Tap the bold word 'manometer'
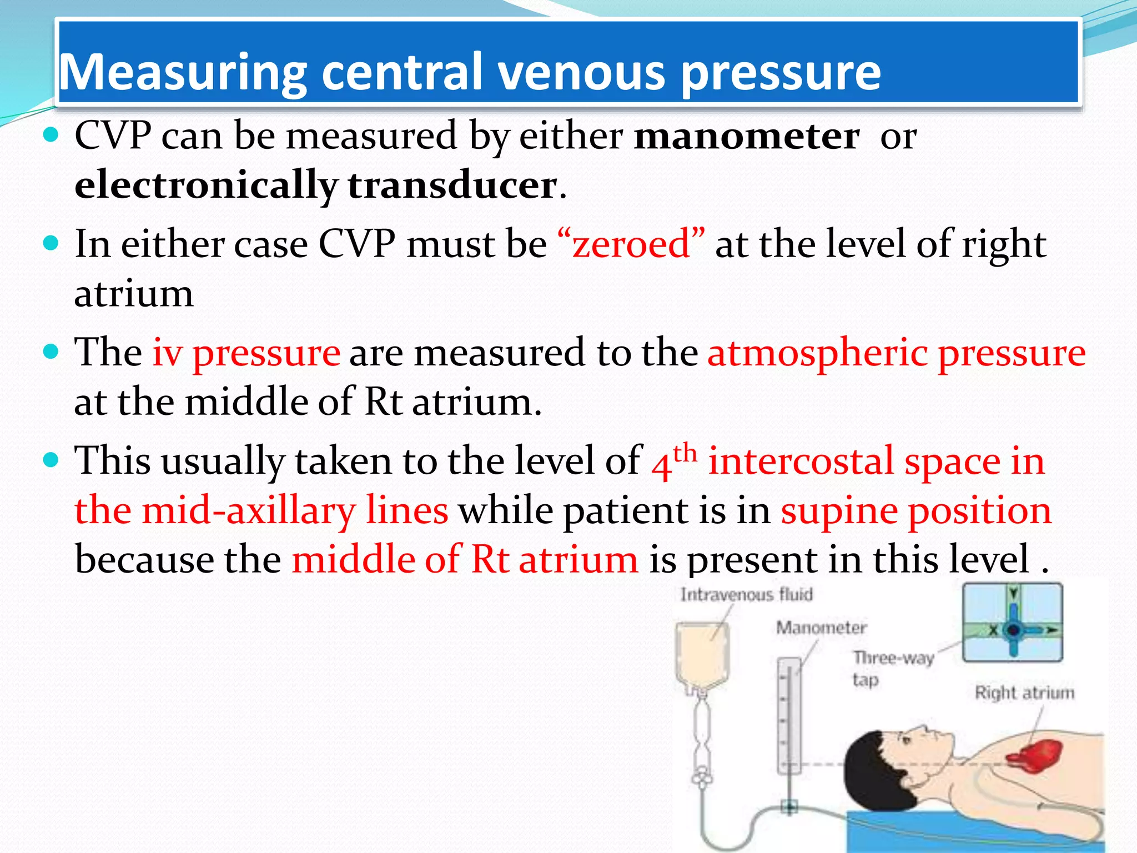click(747, 136)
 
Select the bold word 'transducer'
click(452, 185)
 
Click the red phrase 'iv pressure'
click(246, 353)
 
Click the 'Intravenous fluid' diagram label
click(746, 595)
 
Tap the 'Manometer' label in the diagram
click(821, 628)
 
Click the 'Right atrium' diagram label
click(1024, 693)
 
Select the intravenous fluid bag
click(702, 655)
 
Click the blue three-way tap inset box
click(1012, 622)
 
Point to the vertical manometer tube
click(788, 716)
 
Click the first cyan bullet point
click(51, 135)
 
